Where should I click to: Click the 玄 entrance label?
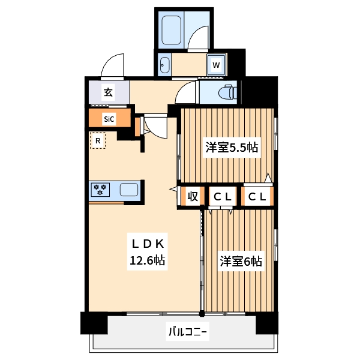tap(108, 92)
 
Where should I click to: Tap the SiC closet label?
tap(108, 119)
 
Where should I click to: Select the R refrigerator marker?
tap(97, 142)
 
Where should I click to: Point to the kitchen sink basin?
tap(130, 190)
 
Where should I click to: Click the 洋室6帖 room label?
tap(240, 262)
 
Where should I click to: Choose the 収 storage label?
tap(192, 197)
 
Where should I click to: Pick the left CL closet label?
tap(224, 197)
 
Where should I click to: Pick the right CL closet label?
tap(257, 197)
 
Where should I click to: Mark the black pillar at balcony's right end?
tap(266, 323)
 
